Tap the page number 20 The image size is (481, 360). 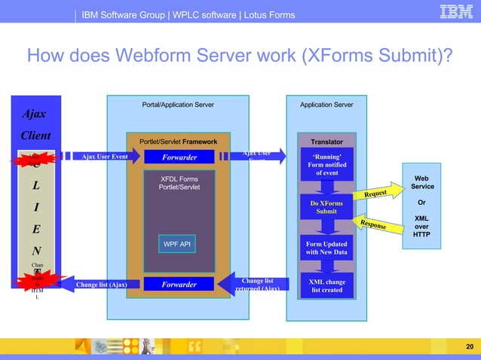pos(469,346)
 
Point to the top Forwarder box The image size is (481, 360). pos(179,157)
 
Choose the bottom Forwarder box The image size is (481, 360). pos(179,285)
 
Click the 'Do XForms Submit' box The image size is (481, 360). pos(326,207)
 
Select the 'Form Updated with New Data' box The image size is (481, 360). pos(326,249)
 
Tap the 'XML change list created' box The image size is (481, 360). pos(326,285)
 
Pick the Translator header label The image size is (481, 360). pos(326,142)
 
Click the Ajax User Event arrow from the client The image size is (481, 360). pos(102,157)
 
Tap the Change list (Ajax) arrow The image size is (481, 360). pos(98,285)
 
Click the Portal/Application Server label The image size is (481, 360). pos(178,105)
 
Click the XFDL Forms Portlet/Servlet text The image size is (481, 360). pos(179,183)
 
